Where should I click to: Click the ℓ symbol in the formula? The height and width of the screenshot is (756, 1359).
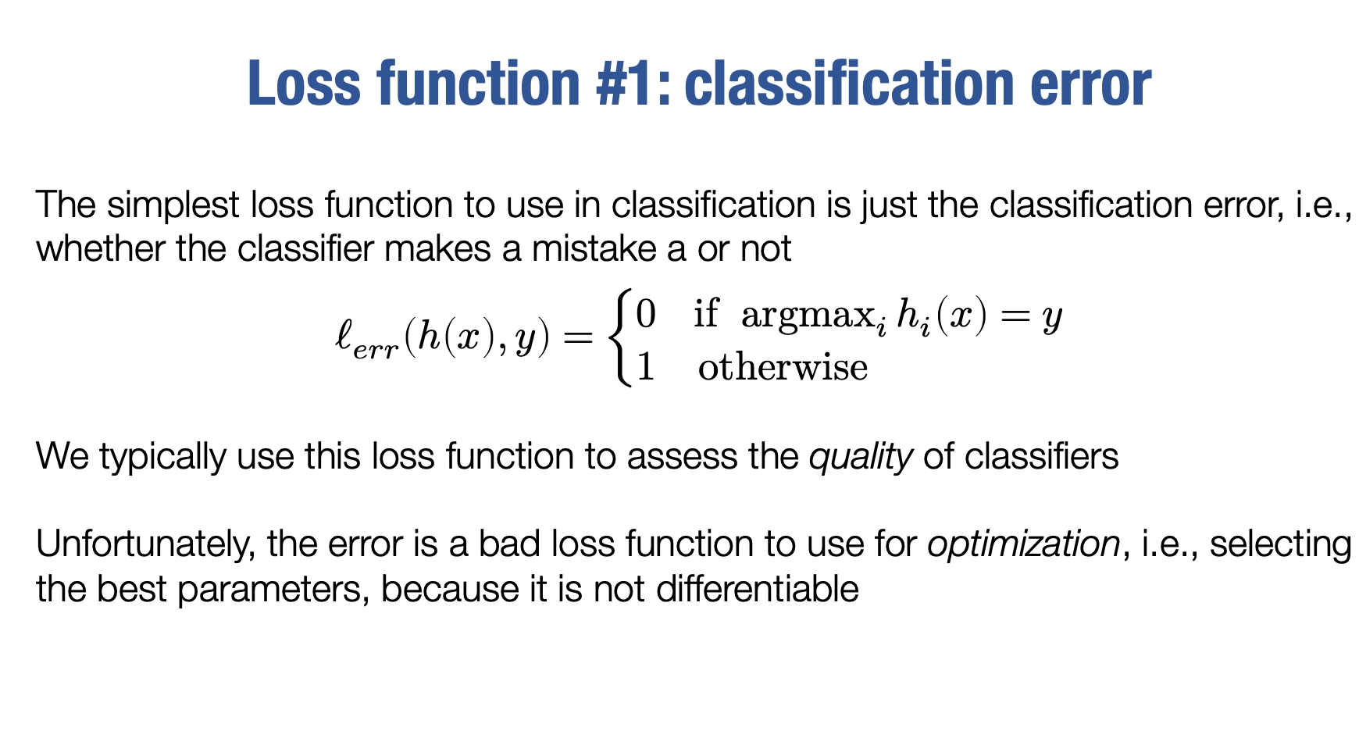(x=344, y=337)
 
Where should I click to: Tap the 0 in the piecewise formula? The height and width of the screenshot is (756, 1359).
(x=646, y=314)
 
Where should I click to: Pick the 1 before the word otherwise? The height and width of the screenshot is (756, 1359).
(x=645, y=366)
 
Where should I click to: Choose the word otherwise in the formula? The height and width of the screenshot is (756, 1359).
(x=783, y=367)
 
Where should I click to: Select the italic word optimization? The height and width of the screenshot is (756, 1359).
(x=1024, y=544)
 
